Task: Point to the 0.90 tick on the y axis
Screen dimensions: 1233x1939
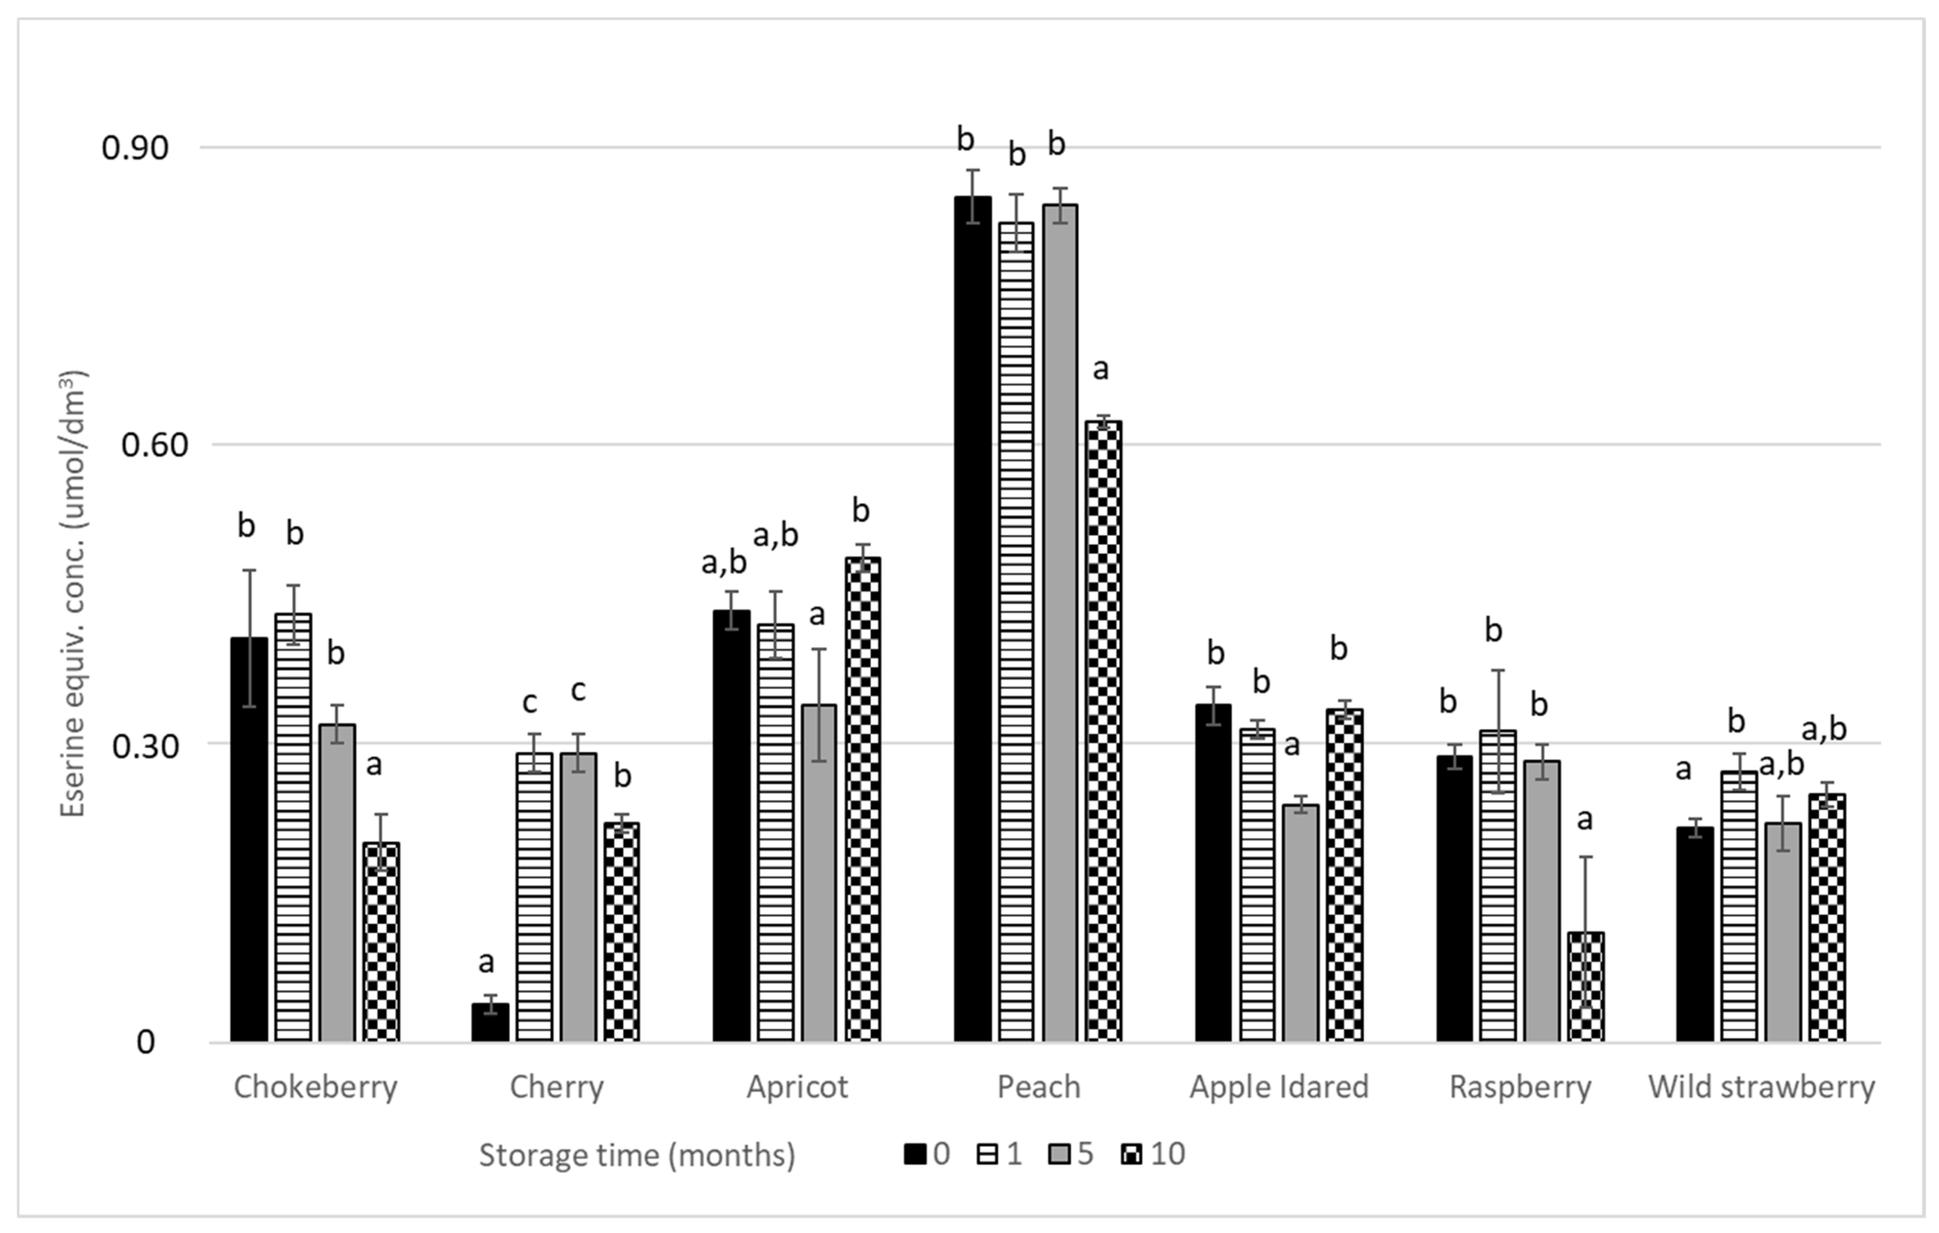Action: pyautogui.click(x=135, y=148)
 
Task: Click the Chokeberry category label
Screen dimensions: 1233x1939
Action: pyautogui.click(x=315, y=1087)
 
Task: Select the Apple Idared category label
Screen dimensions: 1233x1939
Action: pyautogui.click(x=1279, y=1087)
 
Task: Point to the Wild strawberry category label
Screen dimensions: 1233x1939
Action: pyautogui.click(x=1761, y=1087)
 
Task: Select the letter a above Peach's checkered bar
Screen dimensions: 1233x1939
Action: pyautogui.click(x=1100, y=370)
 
